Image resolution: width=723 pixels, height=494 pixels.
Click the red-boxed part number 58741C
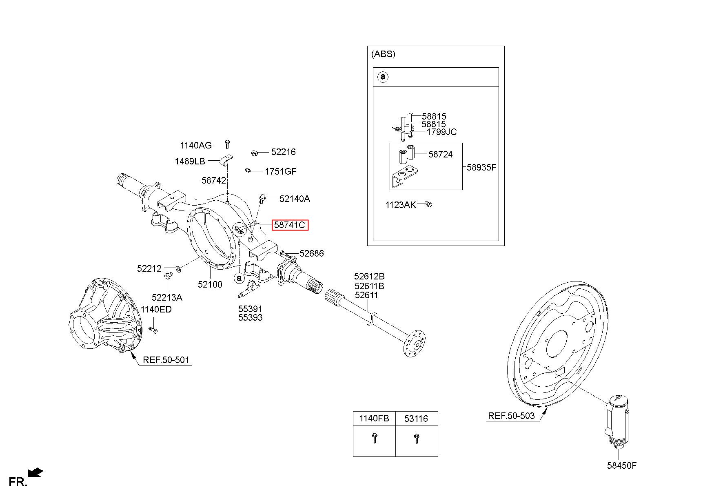(x=290, y=225)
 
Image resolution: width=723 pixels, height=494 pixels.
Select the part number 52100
(x=210, y=284)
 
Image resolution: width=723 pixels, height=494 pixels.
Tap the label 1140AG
(x=196, y=145)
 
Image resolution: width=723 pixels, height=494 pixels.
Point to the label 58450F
(x=621, y=465)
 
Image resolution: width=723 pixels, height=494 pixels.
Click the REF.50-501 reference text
(x=166, y=360)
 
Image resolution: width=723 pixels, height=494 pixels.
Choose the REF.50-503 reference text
(x=511, y=416)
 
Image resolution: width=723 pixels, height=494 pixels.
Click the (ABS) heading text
(x=383, y=54)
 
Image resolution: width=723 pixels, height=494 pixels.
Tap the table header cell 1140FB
(x=374, y=419)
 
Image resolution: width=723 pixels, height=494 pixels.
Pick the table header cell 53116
(x=416, y=419)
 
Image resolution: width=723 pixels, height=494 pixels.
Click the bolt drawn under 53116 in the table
(x=416, y=439)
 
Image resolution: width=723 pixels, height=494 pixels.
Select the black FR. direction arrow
(x=35, y=473)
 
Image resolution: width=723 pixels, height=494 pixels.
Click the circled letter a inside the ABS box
(x=382, y=77)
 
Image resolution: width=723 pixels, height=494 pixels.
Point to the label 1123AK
(x=401, y=205)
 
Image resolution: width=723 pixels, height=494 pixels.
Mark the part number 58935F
(x=481, y=167)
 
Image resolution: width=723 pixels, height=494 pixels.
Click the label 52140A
(x=295, y=199)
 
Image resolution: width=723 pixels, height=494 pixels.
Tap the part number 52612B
(x=369, y=276)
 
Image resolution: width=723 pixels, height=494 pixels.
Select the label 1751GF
(x=281, y=171)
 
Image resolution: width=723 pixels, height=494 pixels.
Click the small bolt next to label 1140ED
(x=153, y=330)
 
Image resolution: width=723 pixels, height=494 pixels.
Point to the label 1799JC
(x=441, y=132)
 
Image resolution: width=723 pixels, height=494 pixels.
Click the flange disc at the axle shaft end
(x=415, y=343)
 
